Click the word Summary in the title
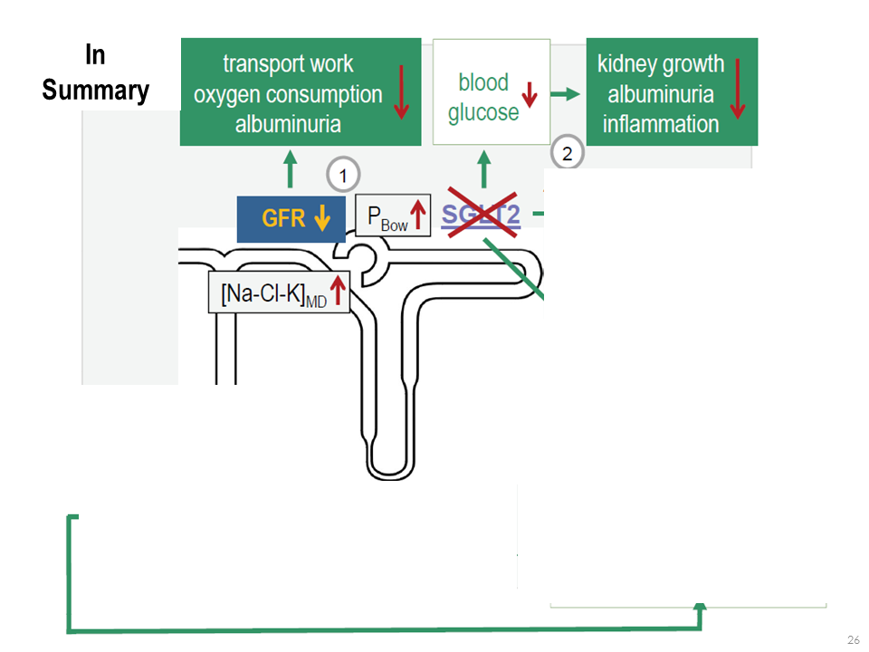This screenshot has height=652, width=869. pyautogui.click(x=95, y=91)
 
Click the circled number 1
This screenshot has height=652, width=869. pyautogui.click(x=343, y=174)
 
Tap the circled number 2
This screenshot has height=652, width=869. pyautogui.click(x=568, y=153)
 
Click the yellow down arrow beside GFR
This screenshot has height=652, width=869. pyautogui.click(x=320, y=218)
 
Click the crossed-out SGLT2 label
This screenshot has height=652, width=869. pyautogui.click(x=480, y=216)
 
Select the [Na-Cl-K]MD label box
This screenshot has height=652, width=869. pyautogui.click(x=279, y=292)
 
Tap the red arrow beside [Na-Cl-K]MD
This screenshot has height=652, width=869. pyautogui.click(x=338, y=292)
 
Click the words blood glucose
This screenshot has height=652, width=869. pyautogui.click(x=483, y=97)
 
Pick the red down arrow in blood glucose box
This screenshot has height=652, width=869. pyautogui.click(x=530, y=93)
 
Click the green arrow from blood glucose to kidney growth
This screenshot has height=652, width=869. pyautogui.click(x=566, y=93)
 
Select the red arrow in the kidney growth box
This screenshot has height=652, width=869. pyautogui.click(x=738, y=89)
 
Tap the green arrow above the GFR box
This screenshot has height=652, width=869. pyautogui.click(x=290, y=169)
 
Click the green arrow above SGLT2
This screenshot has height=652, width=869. pyautogui.click(x=483, y=169)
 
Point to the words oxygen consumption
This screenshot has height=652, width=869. pyautogui.click(x=288, y=94)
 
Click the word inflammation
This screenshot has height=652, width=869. pyautogui.click(x=661, y=124)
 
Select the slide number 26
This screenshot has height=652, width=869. pyautogui.click(x=853, y=640)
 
